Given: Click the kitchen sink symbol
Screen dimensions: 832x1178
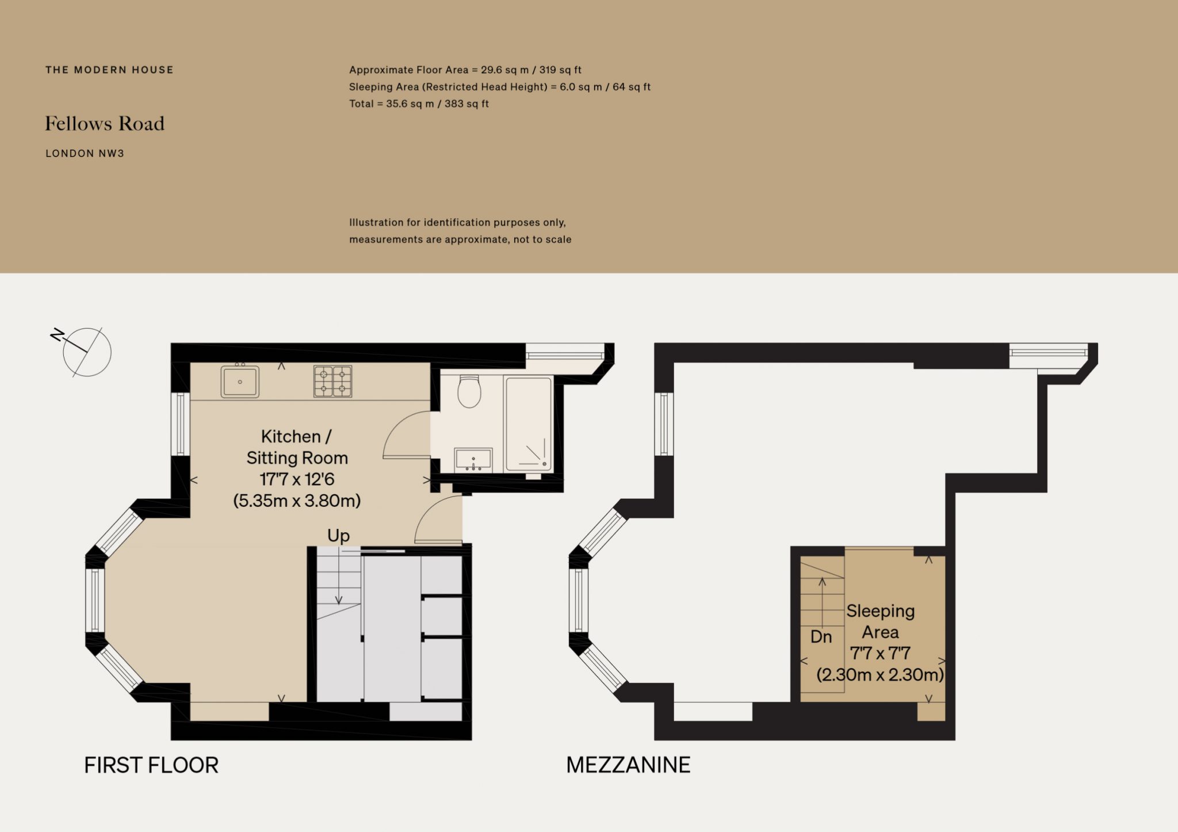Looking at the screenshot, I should (x=240, y=381).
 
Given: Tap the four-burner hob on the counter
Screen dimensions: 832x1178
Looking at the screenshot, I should (x=332, y=381).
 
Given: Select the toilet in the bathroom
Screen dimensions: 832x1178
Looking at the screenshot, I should (x=469, y=391).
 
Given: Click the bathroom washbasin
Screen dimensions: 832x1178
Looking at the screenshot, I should (x=473, y=460).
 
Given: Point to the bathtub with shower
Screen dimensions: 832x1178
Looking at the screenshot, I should (x=528, y=424).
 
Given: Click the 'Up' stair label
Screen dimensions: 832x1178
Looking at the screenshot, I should (x=338, y=536).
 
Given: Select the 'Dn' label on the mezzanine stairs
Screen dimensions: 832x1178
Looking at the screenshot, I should (x=821, y=637).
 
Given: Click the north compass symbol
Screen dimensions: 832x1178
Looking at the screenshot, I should (x=86, y=352).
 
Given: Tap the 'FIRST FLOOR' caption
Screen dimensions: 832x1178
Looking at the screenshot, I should (x=151, y=765).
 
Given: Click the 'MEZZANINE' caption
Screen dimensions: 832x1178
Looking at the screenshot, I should (x=628, y=765).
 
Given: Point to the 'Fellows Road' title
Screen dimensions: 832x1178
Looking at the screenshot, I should (x=105, y=124).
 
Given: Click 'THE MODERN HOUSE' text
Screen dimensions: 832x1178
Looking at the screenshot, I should (x=109, y=70).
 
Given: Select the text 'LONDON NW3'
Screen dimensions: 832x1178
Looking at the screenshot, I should (x=85, y=154).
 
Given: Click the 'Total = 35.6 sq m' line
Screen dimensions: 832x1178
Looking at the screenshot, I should (x=419, y=104).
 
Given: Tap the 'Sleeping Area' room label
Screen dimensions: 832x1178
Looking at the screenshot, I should (x=880, y=621).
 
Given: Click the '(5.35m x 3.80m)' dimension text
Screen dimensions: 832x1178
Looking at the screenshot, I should (x=297, y=501).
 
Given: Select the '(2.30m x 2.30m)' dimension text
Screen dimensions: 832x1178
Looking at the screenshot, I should (x=880, y=674).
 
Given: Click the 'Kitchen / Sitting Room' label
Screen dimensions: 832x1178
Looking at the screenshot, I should (x=297, y=447).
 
